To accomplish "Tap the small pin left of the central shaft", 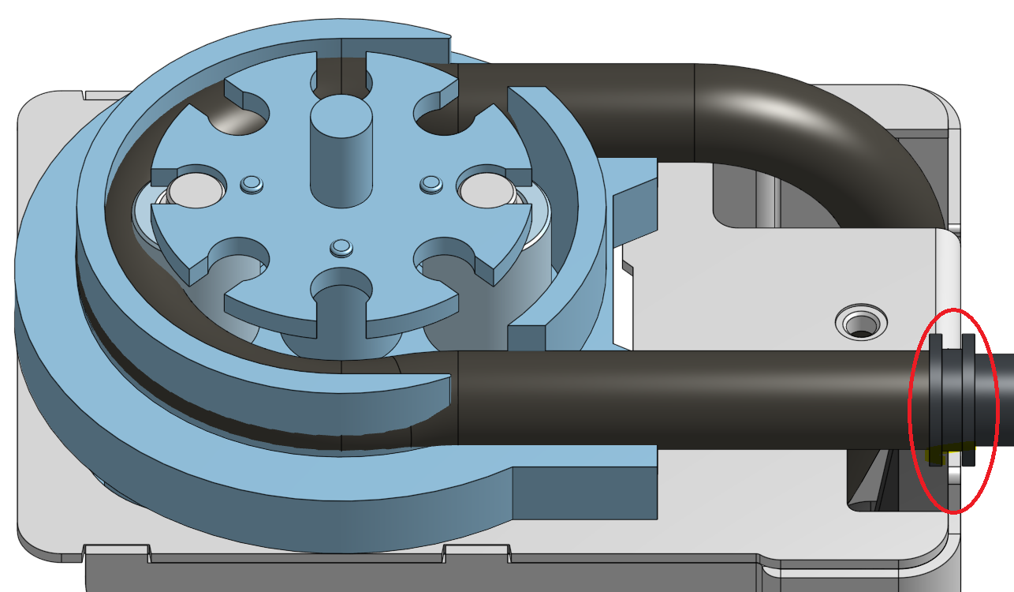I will pyautogui.click(x=252, y=184).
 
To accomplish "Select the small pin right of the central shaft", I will pyautogui.click(x=431, y=184).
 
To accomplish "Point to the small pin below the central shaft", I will pyautogui.click(x=341, y=248).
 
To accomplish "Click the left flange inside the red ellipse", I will pyautogui.click(x=936, y=399).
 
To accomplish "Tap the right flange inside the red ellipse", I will pyautogui.click(x=969, y=399).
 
